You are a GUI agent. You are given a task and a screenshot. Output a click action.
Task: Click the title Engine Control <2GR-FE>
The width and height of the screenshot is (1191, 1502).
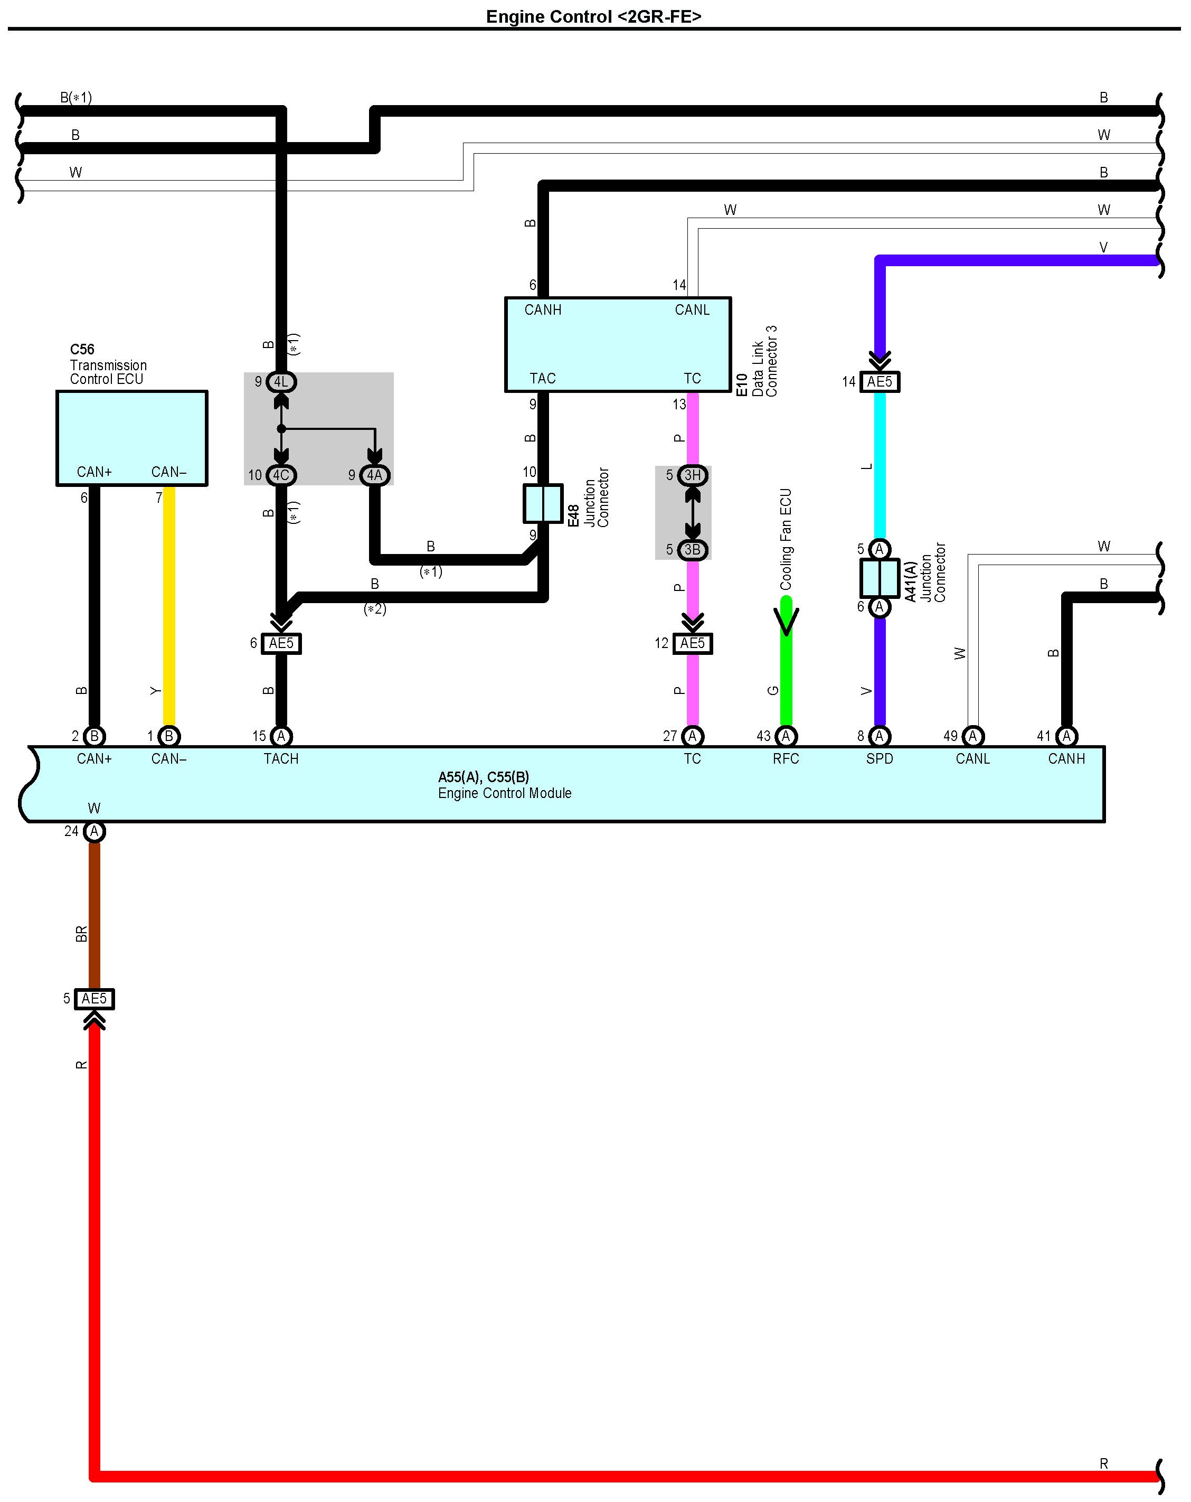(x=593, y=17)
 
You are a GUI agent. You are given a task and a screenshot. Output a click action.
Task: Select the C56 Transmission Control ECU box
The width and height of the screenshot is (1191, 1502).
(x=131, y=437)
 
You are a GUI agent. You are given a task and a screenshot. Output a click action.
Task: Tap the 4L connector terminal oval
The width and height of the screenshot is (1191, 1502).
(x=281, y=382)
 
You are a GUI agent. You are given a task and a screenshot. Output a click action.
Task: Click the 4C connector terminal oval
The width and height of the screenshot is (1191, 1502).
(x=281, y=475)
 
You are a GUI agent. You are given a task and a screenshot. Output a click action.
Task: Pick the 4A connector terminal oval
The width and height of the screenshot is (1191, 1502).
(x=375, y=475)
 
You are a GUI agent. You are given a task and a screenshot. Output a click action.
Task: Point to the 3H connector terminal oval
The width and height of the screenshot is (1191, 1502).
(x=692, y=475)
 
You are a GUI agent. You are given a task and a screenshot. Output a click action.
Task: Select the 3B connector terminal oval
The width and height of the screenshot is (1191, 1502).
(x=692, y=550)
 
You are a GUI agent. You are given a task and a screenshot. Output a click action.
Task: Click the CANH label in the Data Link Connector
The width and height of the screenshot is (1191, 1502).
(x=543, y=310)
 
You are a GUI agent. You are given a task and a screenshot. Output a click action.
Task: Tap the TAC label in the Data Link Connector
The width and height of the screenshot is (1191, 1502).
(x=543, y=378)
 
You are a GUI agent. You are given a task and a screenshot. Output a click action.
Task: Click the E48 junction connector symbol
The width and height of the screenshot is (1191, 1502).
(x=543, y=503)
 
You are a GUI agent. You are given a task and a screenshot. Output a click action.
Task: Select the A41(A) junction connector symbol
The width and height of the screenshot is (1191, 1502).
(x=880, y=578)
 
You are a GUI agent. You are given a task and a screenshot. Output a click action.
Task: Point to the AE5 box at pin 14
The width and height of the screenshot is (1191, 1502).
(x=880, y=382)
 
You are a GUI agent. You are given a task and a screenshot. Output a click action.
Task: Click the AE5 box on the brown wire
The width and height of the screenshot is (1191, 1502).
(x=94, y=999)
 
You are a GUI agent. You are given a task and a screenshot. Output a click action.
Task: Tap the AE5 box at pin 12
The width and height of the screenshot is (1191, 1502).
(x=692, y=643)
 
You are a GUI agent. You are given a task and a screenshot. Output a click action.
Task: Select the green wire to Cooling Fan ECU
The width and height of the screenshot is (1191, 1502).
(x=786, y=669)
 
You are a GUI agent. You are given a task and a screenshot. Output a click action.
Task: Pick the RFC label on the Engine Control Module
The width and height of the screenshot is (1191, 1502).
(x=786, y=759)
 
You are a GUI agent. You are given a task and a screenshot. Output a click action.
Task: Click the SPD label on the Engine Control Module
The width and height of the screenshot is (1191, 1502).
(x=880, y=759)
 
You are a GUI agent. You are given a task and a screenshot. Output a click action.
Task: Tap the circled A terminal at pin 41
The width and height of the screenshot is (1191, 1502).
(x=1066, y=736)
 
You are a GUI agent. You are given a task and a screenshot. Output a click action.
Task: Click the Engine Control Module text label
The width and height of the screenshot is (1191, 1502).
(x=504, y=793)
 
